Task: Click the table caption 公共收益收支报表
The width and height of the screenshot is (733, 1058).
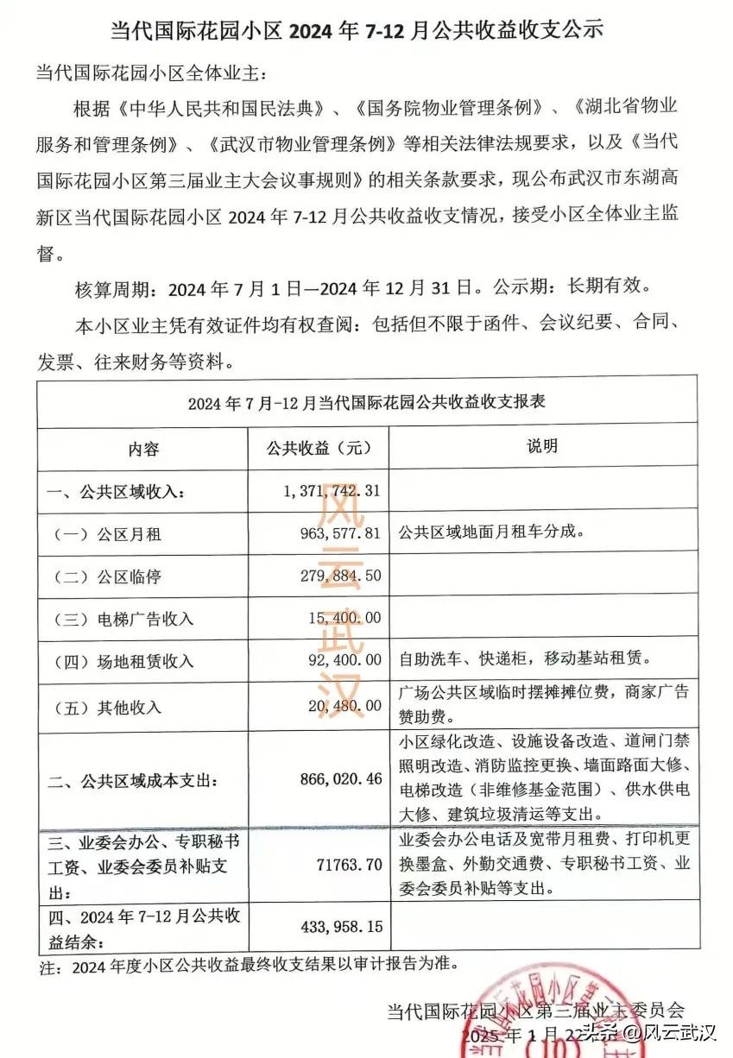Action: click(367, 403)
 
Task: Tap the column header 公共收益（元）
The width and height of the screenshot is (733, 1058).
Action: click(319, 449)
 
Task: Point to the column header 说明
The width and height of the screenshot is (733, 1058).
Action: click(542, 446)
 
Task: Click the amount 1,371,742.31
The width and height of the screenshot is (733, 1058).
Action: click(332, 491)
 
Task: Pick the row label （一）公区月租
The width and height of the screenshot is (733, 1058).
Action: click(108, 534)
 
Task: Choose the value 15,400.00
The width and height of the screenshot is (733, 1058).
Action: click(344, 618)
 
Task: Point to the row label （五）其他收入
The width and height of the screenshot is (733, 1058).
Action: click(108, 708)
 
